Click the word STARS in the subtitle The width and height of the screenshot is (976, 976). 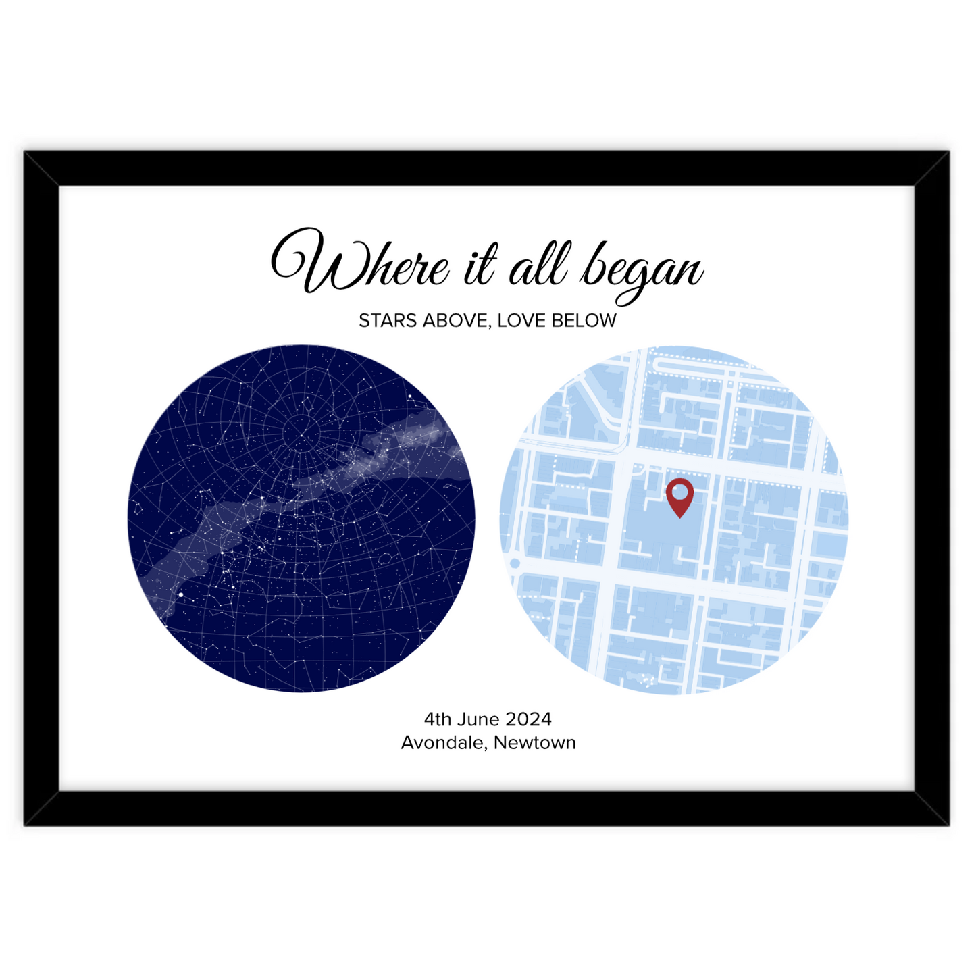388,321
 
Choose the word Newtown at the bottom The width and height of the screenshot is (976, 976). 535,742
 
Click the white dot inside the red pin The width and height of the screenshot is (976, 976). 679,490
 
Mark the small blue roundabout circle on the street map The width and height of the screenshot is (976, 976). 515,563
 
